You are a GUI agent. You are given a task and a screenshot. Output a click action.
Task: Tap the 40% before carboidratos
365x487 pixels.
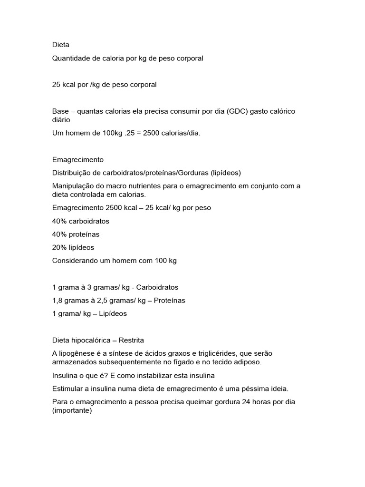click(x=59, y=221)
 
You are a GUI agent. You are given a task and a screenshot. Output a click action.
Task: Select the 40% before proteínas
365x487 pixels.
click(x=59, y=234)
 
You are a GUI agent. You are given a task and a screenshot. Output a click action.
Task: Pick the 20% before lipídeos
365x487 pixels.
click(x=59, y=247)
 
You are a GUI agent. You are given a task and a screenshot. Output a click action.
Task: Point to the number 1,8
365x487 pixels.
click(x=57, y=301)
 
